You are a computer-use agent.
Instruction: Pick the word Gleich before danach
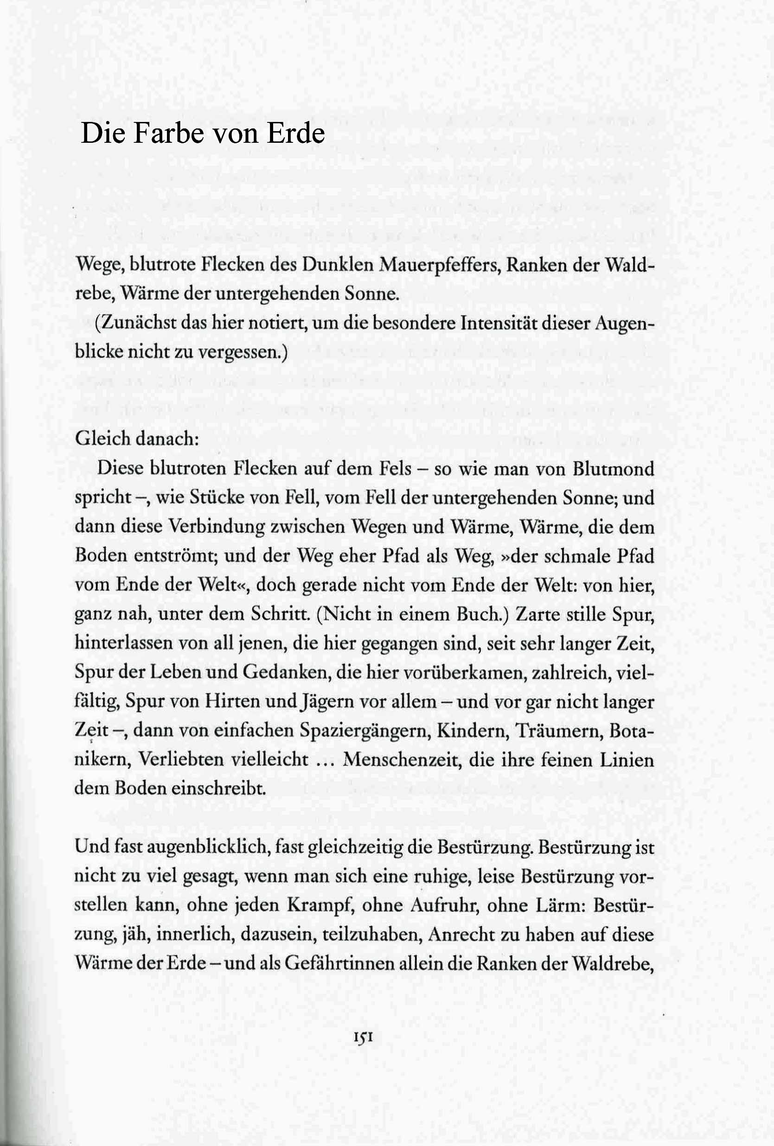102,439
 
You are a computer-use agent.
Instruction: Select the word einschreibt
218,789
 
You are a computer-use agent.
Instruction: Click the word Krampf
321,906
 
